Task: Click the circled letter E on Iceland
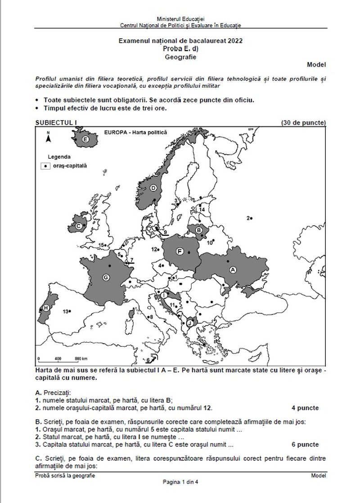click(85, 140)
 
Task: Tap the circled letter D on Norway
click(153, 188)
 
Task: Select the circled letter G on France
click(106, 278)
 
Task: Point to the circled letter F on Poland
click(180, 251)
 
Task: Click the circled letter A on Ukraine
click(233, 269)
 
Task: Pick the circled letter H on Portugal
click(45, 308)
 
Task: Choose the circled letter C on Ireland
click(79, 226)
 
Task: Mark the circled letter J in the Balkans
click(190, 323)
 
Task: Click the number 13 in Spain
click(65, 311)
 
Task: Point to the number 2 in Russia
click(247, 218)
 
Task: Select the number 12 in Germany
click(154, 249)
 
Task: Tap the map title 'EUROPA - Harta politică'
click(135, 133)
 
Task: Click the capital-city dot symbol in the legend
click(45, 166)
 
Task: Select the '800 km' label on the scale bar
click(81, 359)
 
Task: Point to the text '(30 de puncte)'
click(303, 123)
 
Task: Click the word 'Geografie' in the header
click(180, 57)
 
